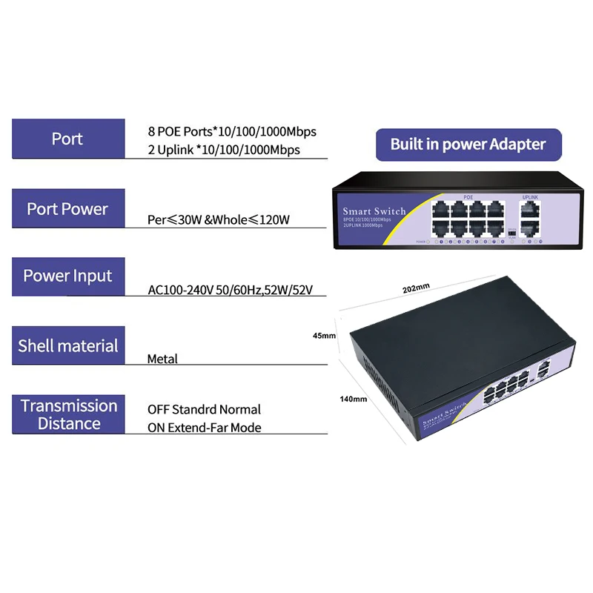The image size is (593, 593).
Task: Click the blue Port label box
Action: [x=67, y=139]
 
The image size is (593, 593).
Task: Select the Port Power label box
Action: [x=67, y=209]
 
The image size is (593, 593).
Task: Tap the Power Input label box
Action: [x=67, y=276]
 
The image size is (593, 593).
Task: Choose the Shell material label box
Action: [x=67, y=345]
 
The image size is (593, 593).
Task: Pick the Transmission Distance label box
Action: [x=67, y=414]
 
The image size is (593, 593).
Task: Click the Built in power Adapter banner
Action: [x=468, y=144]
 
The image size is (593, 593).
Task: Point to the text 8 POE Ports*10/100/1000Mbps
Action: [x=232, y=131]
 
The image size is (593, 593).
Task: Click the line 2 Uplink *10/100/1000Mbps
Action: [x=223, y=150]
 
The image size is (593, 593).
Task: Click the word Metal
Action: [x=162, y=359]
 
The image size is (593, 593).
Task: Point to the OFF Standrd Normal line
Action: [x=204, y=409]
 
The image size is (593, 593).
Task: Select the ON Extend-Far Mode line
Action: [x=204, y=428]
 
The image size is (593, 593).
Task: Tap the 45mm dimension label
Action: [x=325, y=336]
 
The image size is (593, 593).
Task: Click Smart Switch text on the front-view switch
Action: [x=374, y=211]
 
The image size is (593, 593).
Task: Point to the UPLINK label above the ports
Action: [x=530, y=197]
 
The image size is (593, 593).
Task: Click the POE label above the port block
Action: [x=468, y=197]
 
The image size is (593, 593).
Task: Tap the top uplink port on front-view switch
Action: [x=530, y=210]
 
